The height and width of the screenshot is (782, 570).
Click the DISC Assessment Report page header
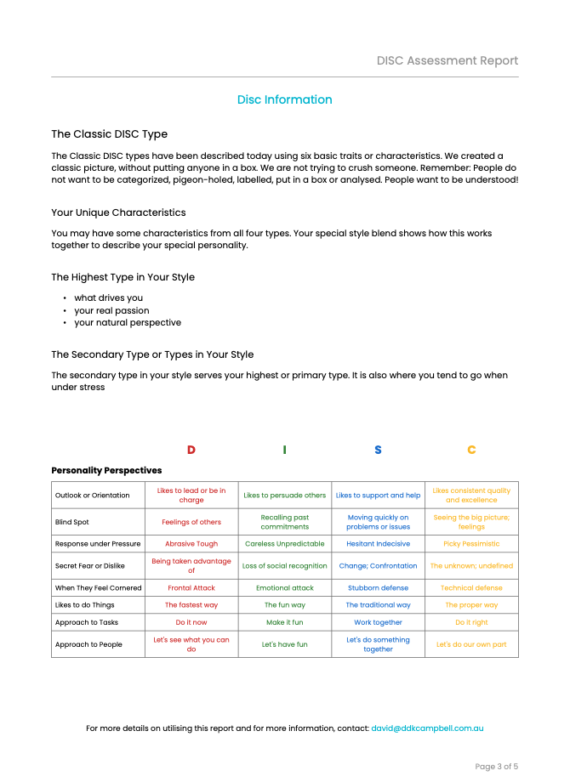[x=447, y=60]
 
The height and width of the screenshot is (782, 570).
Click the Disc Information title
[x=284, y=99]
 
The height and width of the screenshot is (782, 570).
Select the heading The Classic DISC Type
[x=109, y=134]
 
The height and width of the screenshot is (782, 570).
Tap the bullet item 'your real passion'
[x=111, y=310]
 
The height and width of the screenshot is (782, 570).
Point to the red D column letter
[x=191, y=450]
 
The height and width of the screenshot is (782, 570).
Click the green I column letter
[x=284, y=450]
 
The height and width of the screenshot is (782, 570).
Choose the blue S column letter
[x=378, y=450]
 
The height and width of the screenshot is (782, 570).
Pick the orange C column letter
[x=471, y=450]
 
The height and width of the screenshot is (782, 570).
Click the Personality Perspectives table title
[x=106, y=470]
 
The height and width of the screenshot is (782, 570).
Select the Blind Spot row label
[x=72, y=522]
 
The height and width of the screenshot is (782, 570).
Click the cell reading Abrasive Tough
[x=191, y=544]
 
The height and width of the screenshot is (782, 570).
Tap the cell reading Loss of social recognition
[x=284, y=565]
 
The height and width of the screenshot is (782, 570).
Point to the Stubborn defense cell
[x=378, y=587]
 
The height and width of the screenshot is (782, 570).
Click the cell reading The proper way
[x=471, y=605]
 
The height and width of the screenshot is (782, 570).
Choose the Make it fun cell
[x=284, y=622]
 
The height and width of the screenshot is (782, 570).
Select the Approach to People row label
[x=88, y=644]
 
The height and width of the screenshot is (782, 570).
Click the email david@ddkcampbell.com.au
[x=427, y=728]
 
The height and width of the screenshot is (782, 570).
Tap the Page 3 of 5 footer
[x=496, y=766]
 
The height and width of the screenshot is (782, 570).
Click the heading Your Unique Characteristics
[x=118, y=212]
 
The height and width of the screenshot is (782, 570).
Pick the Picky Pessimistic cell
[x=471, y=544]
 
